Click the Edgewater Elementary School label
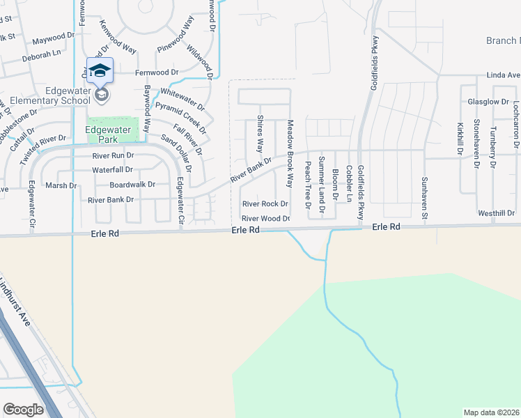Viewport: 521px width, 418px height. pos(42,95)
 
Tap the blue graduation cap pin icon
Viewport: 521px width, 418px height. pos(100,70)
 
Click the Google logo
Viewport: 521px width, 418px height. pos(23,409)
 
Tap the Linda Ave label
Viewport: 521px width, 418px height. pos(504,75)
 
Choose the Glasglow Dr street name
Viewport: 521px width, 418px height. pos(488,102)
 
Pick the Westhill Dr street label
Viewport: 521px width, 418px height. pos(496,212)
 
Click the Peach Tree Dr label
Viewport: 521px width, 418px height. pos(307,185)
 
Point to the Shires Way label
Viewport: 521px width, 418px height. pos(260,134)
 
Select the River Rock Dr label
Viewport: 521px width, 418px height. pos(265,204)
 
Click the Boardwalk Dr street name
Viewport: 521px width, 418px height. pos(132,185)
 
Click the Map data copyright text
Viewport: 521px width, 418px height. pos(491,412)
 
